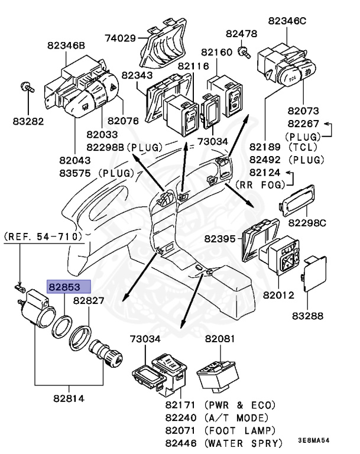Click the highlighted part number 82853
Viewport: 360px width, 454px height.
[68, 287]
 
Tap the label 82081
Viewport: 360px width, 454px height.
[220, 339]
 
